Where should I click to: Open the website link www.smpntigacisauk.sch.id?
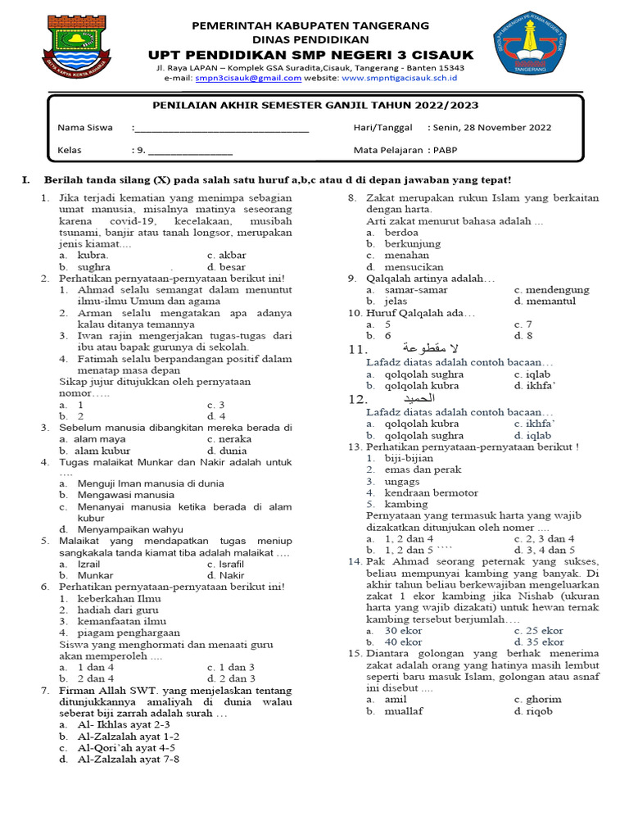pos(399,78)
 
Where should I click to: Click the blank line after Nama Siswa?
pos(221,129)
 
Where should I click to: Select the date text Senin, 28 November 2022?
pos(489,128)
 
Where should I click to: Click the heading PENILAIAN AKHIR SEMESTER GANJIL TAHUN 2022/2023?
pos(316,106)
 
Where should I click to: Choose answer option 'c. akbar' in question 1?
pos(227,255)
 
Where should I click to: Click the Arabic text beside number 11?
pos(425,349)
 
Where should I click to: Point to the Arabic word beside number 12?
pos(431,399)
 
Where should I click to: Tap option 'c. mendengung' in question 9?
pos(551,290)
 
